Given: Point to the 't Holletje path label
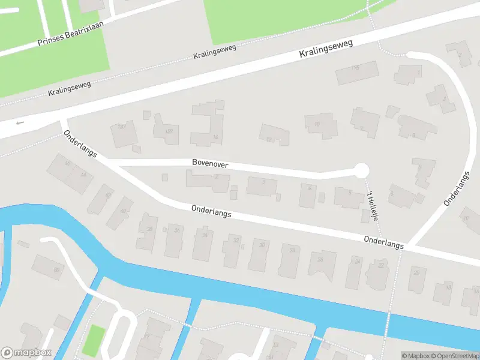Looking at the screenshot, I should [x=373, y=205].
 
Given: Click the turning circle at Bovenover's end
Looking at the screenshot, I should [x=361, y=170].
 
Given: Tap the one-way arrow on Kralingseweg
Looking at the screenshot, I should [x=20, y=122].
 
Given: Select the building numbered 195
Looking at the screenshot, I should [x=356, y=72].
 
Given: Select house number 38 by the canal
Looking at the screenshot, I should [x=148, y=232].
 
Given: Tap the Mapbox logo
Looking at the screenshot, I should [x=26, y=353].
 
